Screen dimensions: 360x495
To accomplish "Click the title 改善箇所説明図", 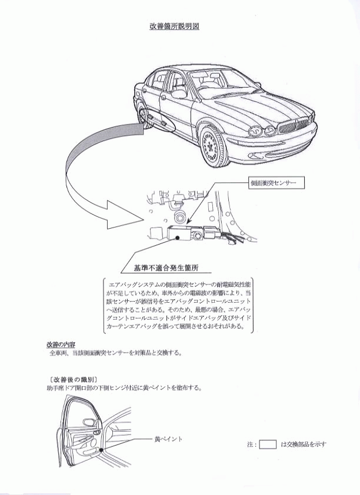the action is coord(174,26).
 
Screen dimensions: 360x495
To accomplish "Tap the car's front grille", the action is coord(294,127).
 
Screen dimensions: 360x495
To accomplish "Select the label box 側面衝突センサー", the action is coord(276,183).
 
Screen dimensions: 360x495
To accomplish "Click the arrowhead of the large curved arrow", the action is coord(125,215).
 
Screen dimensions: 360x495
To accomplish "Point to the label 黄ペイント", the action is coord(168,439).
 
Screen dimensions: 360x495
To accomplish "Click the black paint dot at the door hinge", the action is coord(101,450).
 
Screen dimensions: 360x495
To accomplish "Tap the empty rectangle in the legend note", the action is coord(268,444).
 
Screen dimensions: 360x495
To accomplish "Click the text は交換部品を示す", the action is coord(304,444).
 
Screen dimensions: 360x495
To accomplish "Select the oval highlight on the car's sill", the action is coord(157,119).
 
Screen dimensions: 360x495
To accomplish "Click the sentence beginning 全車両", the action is coord(115,353).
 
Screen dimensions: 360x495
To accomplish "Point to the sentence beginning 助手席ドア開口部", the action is coord(124,387).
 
